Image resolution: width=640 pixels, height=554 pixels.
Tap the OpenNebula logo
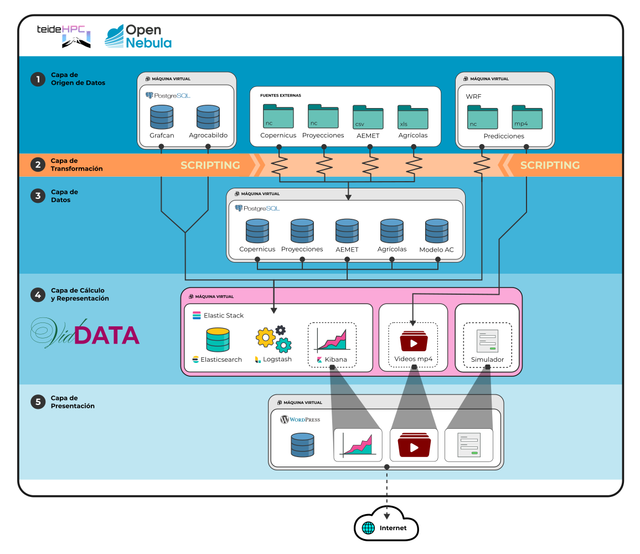pyautogui.click(x=138, y=37)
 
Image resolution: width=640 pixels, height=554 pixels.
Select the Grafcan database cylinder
pyautogui.click(x=162, y=117)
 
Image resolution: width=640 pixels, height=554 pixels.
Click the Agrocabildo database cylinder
pyautogui.click(x=208, y=117)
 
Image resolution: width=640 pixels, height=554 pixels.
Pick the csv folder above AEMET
pyautogui.click(x=368, y=117)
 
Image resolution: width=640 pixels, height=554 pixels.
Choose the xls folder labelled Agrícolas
pyautogui.click(x=413, y=117)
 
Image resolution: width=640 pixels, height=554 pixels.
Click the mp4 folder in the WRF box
pyautogui.click(x=527, y=117)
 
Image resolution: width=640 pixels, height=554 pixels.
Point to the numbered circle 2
pyautogui.click(x=38, y=165)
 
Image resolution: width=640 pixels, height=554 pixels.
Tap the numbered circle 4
pyautogui.click(x=38, y=295)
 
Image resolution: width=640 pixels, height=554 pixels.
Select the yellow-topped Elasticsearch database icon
pyautogui.click(x=218, y=340)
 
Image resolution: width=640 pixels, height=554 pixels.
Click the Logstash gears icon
pyautogui.click(x=273, y=339)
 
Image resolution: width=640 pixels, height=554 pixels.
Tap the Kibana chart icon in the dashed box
pyautogui.click(x=331, y=339)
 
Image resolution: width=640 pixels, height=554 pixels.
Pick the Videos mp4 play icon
pyautogui.click(x=413, y=341)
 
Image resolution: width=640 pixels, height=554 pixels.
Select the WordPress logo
pyautogui.click(x=300, y=419)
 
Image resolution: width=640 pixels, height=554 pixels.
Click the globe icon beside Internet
pyautogui.click(x=369, y=528)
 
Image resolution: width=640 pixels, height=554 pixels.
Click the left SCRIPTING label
pyautogui.click(x=210, y=165)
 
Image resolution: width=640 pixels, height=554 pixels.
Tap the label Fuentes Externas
pyautogui.click(x=281, y=95)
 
